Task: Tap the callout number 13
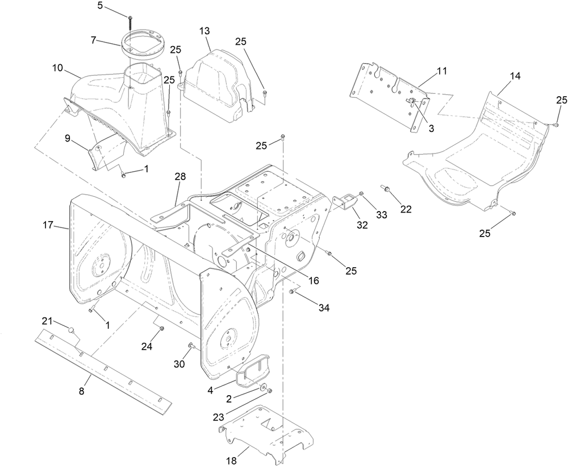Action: point(204,30)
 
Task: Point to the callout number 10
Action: point(58,68)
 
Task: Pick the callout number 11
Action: point(442,71)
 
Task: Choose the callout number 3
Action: point(431,129)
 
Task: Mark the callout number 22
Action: point(406,210)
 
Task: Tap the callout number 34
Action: point(324,308)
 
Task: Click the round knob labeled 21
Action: point(70,329)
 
